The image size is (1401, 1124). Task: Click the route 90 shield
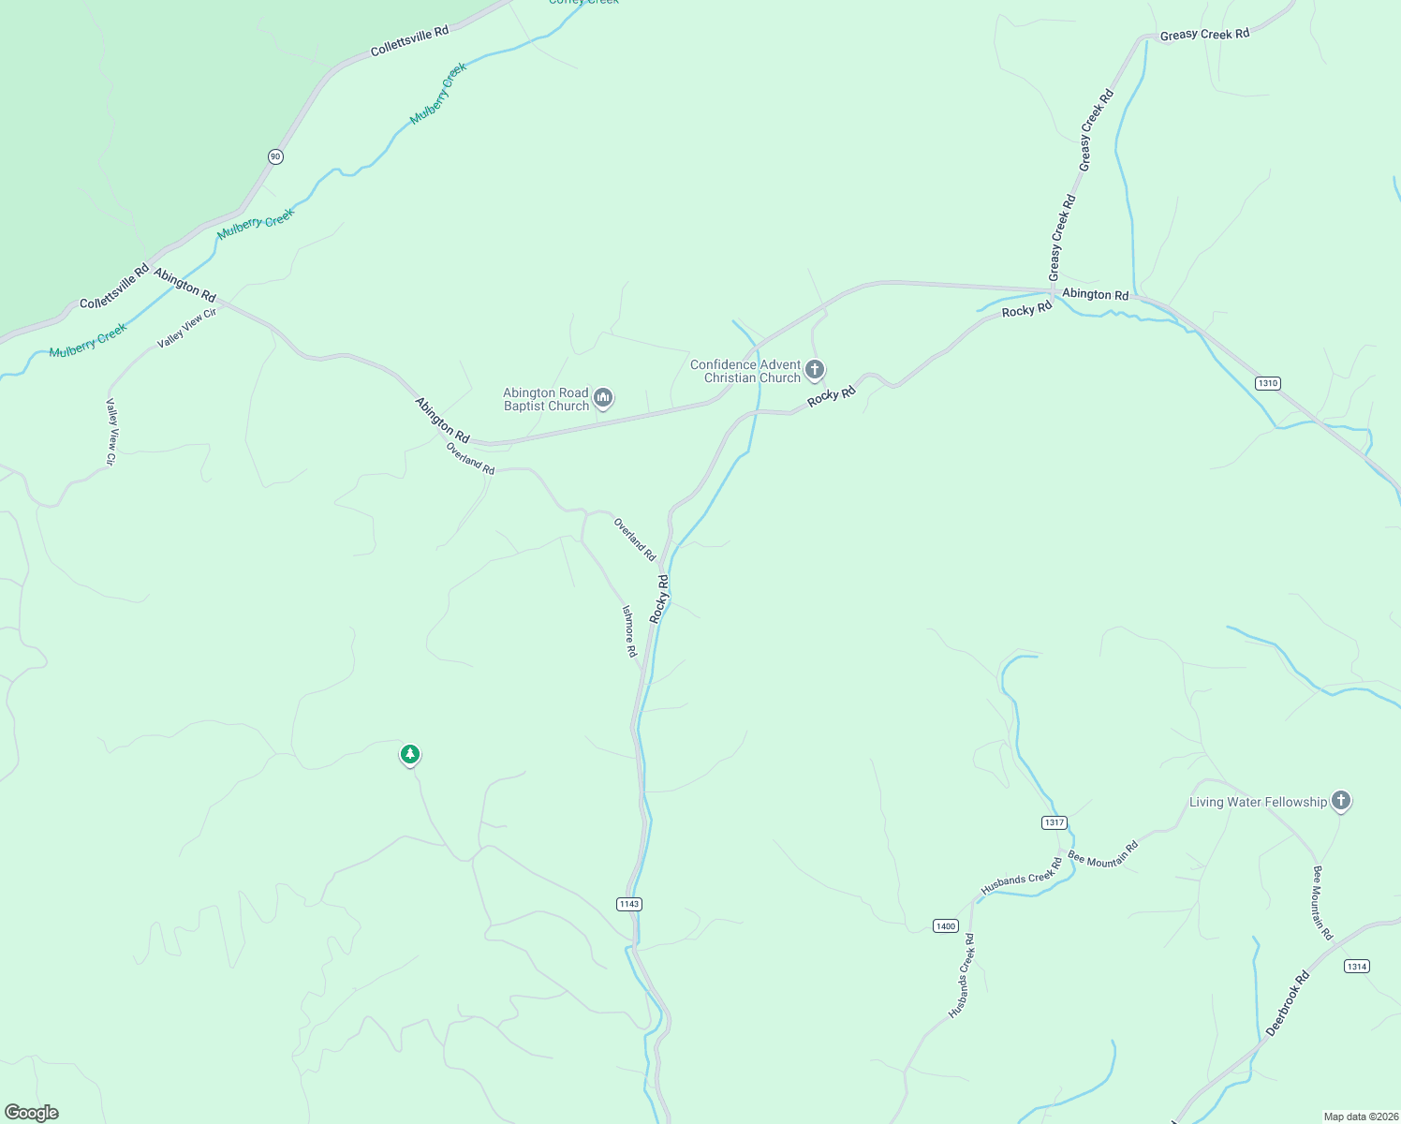coord(274,156)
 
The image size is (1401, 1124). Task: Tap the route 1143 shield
coord(629,904)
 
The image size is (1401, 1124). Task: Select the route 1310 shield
coord(1267,383)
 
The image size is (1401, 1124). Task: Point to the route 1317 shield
coord(1054,822)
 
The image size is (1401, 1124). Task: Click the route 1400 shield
coord(946,926)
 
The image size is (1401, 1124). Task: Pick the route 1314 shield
coord(1356,966)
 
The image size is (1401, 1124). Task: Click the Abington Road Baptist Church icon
coord(604,399)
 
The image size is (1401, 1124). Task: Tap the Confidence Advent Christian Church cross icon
coord(815,370)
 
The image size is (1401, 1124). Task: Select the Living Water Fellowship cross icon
coord(1341,801)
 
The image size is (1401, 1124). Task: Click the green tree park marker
coord(409,754)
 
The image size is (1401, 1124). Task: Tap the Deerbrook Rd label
coord(1288,1003)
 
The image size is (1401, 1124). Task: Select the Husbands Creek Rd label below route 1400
coord(962,976)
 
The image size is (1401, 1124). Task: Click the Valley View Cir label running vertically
coord(111,432)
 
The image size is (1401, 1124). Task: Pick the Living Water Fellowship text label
coord(1258,802)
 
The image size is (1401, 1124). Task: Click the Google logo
coord(32,1113)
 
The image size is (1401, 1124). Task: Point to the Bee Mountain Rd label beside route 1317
coord(1103,853)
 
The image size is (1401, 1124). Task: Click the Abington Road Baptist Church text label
coord(546,399)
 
